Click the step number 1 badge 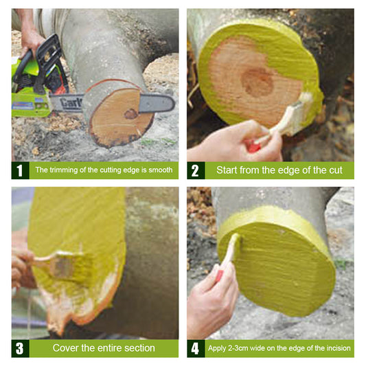(x=20, y=170)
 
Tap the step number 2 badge (x=196, y=170)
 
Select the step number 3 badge (x=20, y=348)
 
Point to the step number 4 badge (x=196, y=348)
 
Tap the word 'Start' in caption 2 (x=229, y=170)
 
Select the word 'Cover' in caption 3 (x=67, y=348)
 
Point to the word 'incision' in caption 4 (x=337, y=348)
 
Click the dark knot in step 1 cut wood (x=130, y=114)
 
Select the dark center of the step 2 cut (x=258, y=82)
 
